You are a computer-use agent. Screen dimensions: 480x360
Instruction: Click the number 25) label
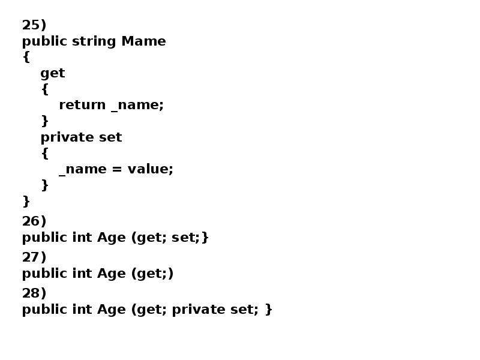click(x=34, y=25)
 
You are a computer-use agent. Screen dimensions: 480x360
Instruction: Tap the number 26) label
click(x=34, y=221)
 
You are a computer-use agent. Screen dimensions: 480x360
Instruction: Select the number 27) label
click(x=34, y=257)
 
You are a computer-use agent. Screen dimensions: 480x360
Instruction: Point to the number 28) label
click(x=34, y=293)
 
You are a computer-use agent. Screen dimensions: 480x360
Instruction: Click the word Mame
click(x=143, y=41)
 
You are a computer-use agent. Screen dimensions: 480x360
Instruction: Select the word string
click(x=94, y=42)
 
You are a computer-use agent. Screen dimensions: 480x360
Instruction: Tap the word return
click(x=82, y=105)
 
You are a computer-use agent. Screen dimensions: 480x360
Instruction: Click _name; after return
click(x=137, y=106)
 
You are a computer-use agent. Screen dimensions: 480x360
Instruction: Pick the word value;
click(x=151, y=169)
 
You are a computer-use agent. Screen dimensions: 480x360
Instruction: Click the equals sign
click(x=117, y=169)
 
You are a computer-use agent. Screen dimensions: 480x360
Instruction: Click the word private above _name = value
click(x=67, y=138)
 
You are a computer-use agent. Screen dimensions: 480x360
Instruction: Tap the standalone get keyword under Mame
click(x=53, y=74)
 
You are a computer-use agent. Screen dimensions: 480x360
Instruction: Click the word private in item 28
click(x=199, y=310)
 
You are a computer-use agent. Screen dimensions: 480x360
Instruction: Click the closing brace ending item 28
click(x=268, y=309)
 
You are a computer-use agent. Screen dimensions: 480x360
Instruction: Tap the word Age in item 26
click(x=112, y=238)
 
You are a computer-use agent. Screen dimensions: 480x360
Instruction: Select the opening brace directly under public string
click(x=26, y=57)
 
